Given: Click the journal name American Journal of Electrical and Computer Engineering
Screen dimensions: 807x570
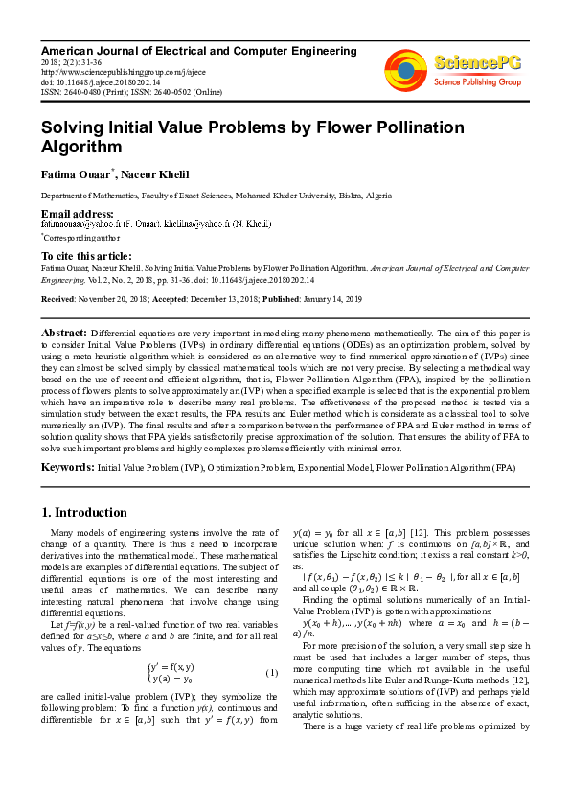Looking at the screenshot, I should (198, 50).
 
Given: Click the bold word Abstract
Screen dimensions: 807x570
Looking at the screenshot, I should (64, 331).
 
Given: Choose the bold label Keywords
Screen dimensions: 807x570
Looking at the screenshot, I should (66, 466).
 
